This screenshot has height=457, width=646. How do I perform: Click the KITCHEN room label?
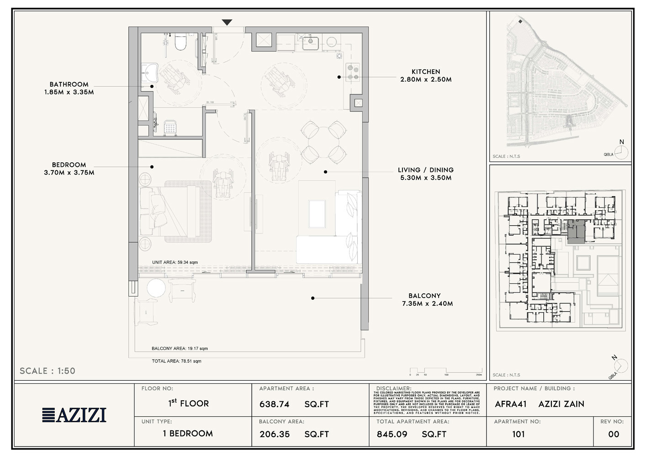point(426,72)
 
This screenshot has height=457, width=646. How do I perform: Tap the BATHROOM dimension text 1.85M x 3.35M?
point(69,92)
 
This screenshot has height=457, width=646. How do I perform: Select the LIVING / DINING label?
point(425,170)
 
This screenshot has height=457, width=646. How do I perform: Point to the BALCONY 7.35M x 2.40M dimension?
point(427,304)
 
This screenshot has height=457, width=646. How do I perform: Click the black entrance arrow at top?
point(227,22)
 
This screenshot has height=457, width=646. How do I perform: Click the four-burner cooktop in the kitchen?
point(353,72)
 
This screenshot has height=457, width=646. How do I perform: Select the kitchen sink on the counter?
point(311,42)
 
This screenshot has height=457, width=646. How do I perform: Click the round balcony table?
point(156,289)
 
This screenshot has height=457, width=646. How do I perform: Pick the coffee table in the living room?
point(317,214)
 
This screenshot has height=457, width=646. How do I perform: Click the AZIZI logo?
point(74,415)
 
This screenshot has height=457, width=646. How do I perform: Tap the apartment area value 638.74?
point(275,404)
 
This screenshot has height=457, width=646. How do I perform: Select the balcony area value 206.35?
point(275,435)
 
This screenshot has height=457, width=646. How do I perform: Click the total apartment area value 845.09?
point(392,435)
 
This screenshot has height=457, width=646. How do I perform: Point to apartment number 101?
point(519,435)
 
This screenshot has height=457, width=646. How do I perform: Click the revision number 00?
point(614,435)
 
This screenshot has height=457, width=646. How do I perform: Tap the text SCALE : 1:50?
point(48,371)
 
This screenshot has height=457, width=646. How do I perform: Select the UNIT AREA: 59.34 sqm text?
point(175,263)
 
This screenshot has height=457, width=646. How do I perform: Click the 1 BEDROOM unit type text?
point(188,434)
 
